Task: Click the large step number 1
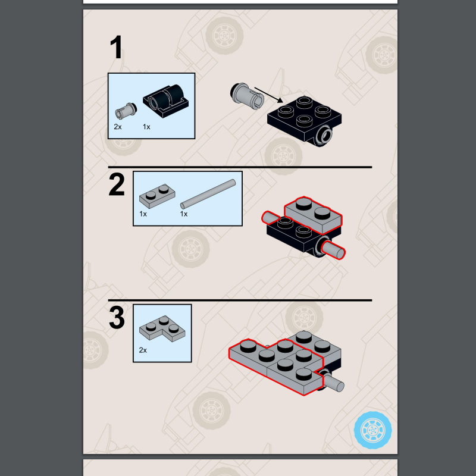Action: (x=116, y=47)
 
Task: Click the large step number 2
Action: (x=117, y=184)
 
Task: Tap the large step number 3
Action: (x=117, y=318)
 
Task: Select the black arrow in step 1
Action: (x=269, y=95)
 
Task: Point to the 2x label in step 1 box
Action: (x=118, y=127)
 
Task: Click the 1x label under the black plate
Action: (x=146, y=127)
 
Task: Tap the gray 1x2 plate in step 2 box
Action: (x=157, y=196)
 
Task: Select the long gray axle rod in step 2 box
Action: (x=208, y=195)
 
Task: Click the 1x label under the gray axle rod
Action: (x=184, y=214)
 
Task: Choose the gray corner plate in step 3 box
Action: (x=162, y=329)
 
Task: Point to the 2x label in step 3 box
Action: (x=143, y=350)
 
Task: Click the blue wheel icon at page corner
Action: (x=373, y=430)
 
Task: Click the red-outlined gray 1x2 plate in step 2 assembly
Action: (x=314, y=215)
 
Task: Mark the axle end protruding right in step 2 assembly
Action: (x=334, y=250)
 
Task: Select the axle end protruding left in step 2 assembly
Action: (x=270, y=218)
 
